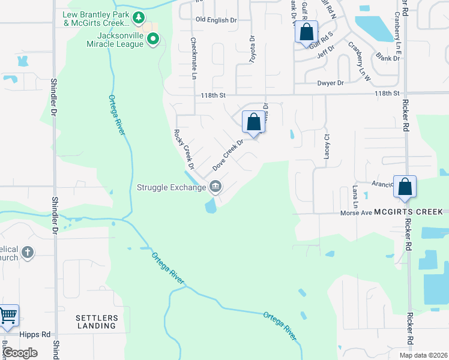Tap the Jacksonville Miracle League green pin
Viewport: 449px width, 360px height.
(153, 40)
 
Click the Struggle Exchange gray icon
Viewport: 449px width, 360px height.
(215, 187)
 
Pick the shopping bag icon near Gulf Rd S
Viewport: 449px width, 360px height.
(306, 33)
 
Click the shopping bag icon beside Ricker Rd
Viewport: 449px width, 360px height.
(405, 187)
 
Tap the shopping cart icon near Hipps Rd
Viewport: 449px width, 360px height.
(8, 316)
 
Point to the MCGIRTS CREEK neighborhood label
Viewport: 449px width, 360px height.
(408, 212)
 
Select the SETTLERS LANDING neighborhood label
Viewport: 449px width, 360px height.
(97, 322)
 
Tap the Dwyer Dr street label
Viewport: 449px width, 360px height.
(331, 83)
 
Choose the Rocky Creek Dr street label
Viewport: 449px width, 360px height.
(184, 148)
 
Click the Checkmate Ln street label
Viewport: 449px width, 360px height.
(193, 58)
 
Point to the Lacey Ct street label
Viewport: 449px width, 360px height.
(328, 145)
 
